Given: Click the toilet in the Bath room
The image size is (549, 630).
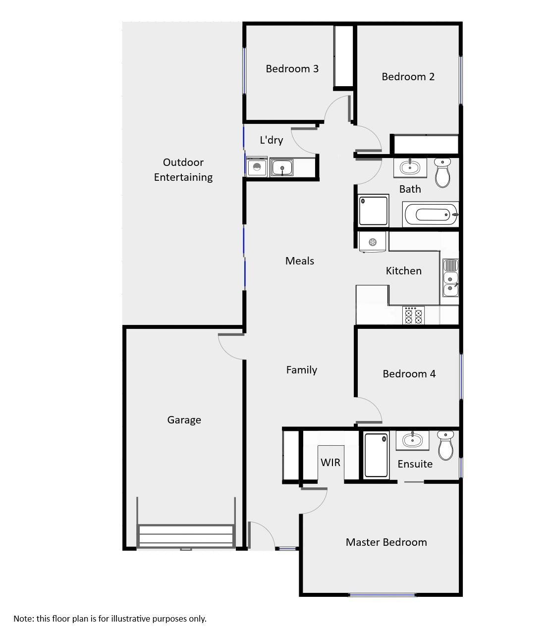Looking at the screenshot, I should (x=442, y=173).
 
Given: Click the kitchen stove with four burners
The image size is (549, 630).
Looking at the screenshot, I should (x=414, y=315).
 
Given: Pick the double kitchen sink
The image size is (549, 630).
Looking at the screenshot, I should (x=450, y=278).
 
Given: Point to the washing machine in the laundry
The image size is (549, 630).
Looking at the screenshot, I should (x=257, y=167).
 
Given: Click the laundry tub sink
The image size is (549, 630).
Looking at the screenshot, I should (x=282, y=167).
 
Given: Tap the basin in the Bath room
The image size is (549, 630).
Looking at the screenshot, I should (x=410, y=167).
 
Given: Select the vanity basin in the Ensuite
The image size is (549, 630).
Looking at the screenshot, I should (x=412, y=440).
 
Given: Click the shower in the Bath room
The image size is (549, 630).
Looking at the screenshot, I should (x=374, y=210).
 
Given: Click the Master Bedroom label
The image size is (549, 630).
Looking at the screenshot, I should (x=386, y=542).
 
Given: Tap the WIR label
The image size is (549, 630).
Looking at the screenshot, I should (x=330, y=463).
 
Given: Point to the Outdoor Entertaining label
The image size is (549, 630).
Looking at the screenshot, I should (x=183, y=169).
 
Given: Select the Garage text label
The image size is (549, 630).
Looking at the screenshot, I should (x=184, y=420).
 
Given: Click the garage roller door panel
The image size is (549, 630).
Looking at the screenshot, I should (x=186, y=536).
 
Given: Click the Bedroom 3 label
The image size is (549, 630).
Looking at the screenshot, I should (x=292, y=69).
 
